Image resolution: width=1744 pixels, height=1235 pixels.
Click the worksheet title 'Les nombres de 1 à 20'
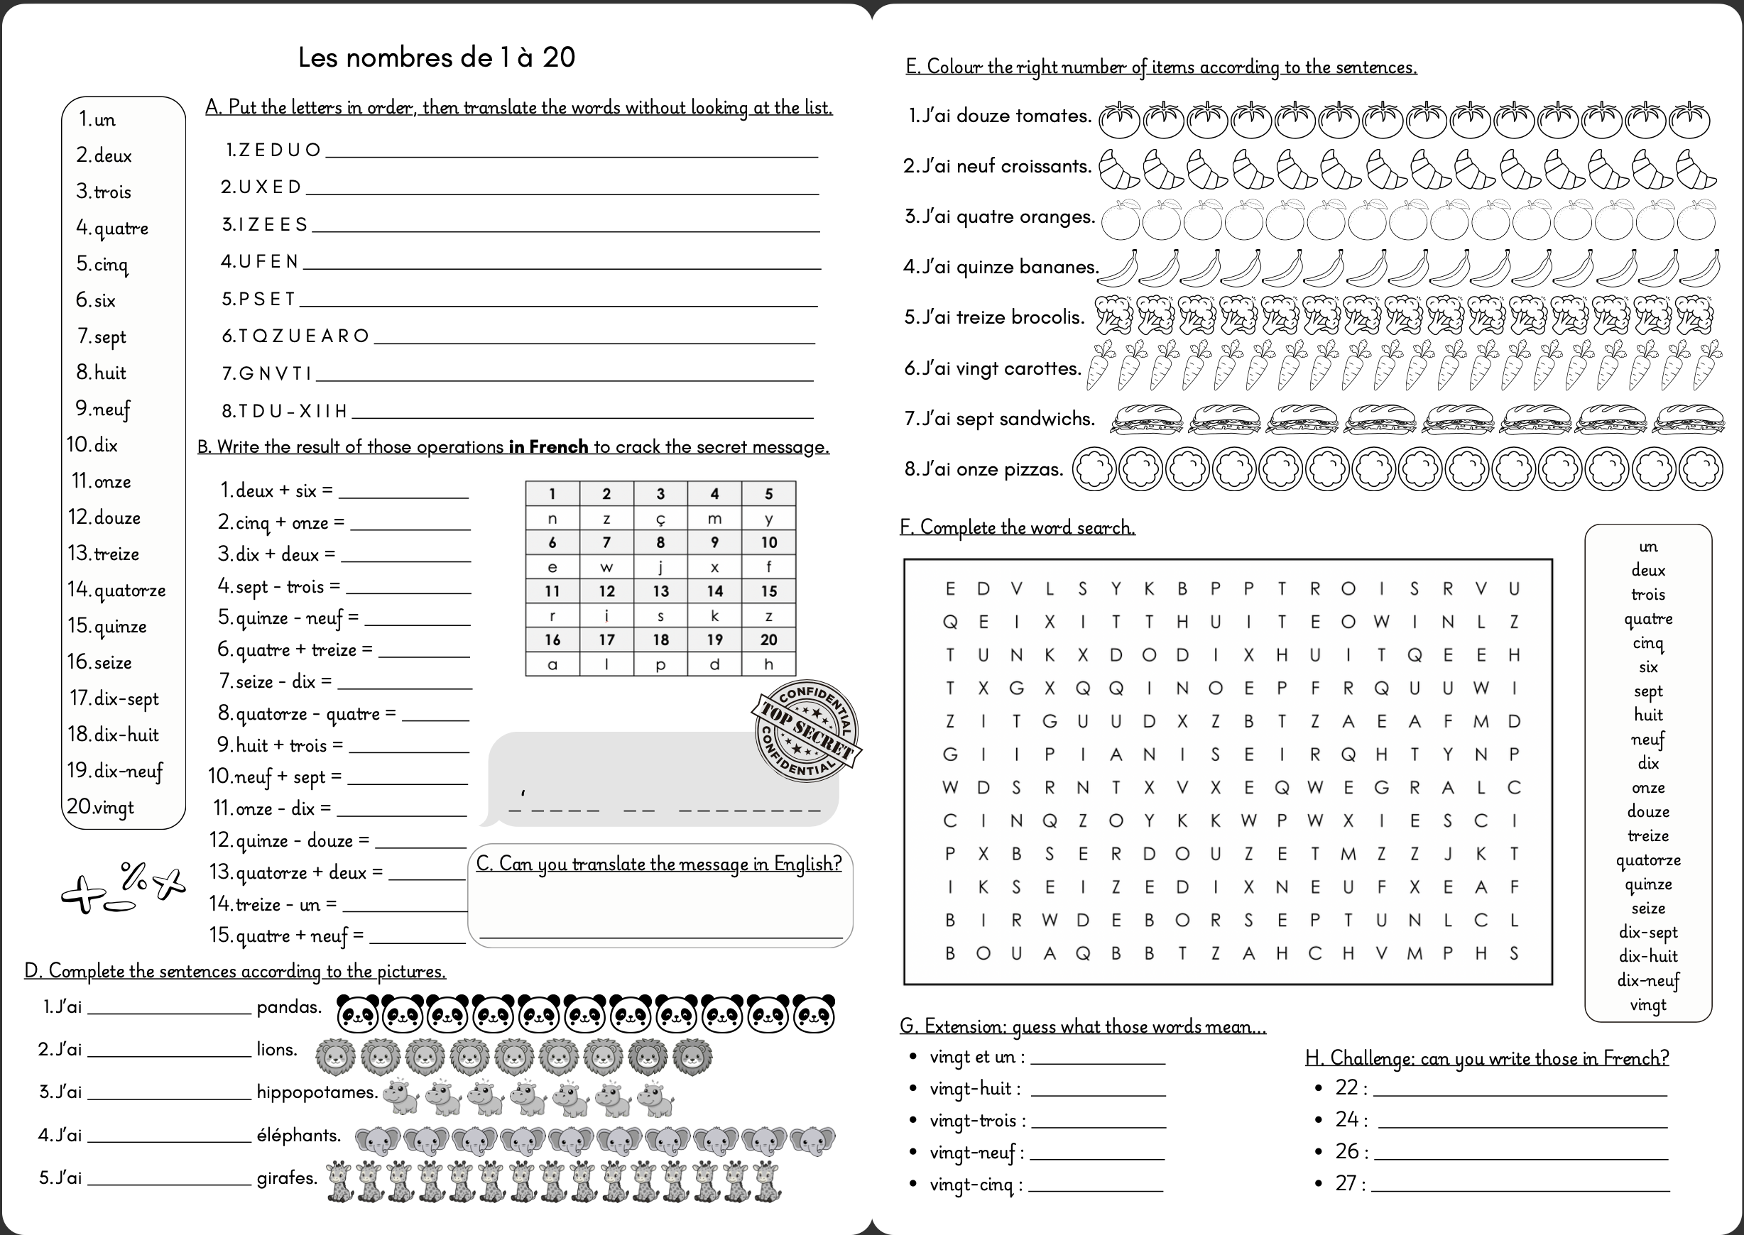click(x=436, y=57)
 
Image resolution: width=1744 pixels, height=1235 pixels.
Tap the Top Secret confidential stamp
click(x=807, y=731)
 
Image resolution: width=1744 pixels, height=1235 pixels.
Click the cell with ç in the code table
click(x=660, y=519)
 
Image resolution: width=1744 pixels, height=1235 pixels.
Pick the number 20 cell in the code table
click(x=768, y=640)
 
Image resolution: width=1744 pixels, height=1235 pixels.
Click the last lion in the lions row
click(x=692, y=1056)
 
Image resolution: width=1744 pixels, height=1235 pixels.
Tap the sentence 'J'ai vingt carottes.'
click(x=993, y=369)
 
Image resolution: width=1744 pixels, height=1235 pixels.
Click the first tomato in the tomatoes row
click(x=1119, y=119)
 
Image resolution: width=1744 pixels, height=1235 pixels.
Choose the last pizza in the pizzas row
click(x=1701, y=468)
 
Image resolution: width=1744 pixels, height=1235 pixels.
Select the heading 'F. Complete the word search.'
click(x=1018, y=527)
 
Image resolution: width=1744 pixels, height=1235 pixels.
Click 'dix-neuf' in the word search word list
click(x=1648, y=980)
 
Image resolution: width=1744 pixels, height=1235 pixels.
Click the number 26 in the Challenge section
click(x=1347, y=1151)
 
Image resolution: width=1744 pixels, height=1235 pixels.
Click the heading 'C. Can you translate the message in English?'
click(x=659, y=864)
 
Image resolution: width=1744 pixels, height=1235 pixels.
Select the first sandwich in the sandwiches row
click(x=1147, y=419)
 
